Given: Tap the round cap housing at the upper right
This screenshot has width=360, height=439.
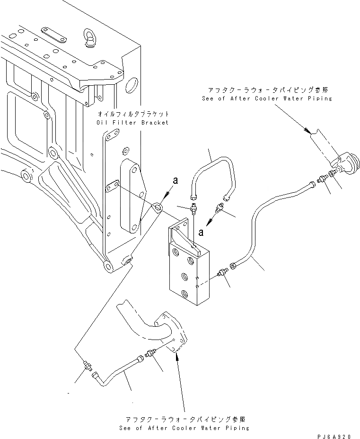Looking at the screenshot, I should [350, 165].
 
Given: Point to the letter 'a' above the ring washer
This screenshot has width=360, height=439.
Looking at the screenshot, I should [175, 180].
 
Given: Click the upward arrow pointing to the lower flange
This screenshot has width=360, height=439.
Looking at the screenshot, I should [178, 360].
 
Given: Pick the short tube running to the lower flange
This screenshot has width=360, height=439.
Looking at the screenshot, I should [118, 374].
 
